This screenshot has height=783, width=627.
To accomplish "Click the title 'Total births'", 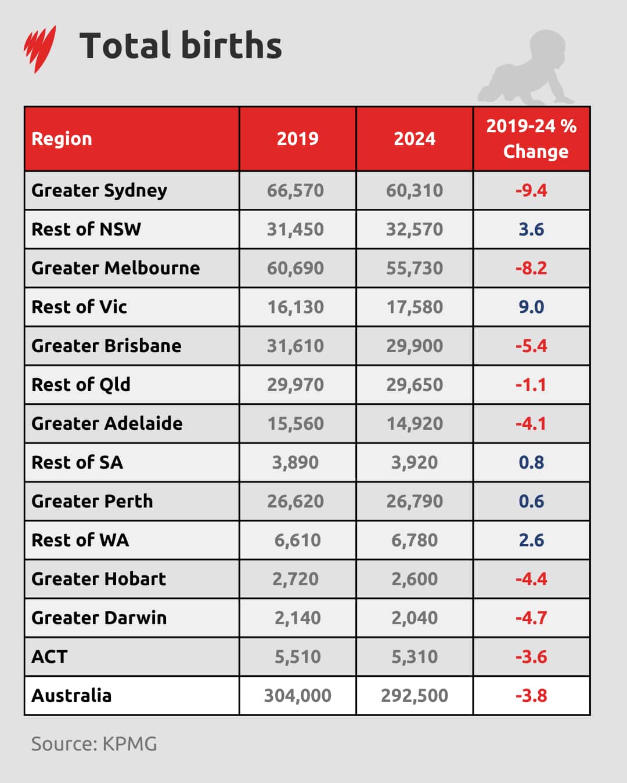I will (181, 46).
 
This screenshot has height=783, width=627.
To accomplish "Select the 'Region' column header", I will (62, 139).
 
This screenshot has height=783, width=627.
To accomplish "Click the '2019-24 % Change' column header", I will (531, 139).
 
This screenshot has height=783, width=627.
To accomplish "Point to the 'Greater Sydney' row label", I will (99, 190).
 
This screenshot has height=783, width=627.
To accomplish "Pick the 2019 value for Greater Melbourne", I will (296, 268).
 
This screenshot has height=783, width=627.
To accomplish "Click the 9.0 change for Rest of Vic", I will (531, 307).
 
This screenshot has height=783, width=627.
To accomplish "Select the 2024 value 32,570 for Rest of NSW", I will (415, 229).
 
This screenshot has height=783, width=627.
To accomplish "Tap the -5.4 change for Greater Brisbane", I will (531, 346).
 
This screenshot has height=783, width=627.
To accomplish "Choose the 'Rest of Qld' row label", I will (81, 385).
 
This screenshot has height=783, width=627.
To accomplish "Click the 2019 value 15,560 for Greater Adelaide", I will (296, 423).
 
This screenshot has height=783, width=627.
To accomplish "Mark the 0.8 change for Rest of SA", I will (531, 462).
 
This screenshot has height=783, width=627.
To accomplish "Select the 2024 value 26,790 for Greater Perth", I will (415, 501).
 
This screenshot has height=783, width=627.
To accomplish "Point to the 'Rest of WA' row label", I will (80, 540).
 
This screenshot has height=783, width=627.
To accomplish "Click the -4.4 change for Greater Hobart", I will (531, 579).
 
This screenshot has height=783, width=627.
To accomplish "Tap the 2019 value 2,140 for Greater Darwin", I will (297, 618).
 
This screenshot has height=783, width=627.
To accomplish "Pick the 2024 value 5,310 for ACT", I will (415, 657).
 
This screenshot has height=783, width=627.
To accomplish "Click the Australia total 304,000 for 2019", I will (297, 695).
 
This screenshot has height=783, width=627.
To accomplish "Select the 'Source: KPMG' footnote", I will (94, 744).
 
